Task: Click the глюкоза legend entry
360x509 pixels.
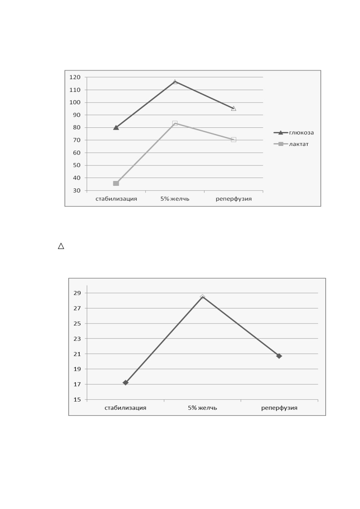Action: tap(294, 132)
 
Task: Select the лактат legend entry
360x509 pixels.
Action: tap(291, 144)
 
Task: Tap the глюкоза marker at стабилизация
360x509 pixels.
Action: tap(116, 127)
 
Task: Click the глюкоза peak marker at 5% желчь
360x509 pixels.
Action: tap(175, 82)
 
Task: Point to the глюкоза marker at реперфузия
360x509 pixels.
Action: tap(234, 108)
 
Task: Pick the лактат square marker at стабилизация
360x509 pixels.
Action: tap(116, 183)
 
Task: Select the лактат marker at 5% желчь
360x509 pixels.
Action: tap(175, 123)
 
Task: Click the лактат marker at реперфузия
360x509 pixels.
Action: tap(234, 140)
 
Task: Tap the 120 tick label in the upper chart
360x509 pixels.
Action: tap(75, 77)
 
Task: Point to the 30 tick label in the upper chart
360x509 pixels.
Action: tap(77, 190)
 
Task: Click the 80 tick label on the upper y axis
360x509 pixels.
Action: tap(77, 127)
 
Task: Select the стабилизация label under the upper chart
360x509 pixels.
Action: tap(116, 199)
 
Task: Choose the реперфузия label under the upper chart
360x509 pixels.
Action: tap(234, 199)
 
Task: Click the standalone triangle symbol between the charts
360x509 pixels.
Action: tap(61, 246)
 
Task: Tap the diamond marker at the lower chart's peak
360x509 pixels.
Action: tap(202, 297)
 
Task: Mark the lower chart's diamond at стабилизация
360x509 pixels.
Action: tap(126, 383)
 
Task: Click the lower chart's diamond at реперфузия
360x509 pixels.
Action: tap(279, 356)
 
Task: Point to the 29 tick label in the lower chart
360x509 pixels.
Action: tap(77, 293)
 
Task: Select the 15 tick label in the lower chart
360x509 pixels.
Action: tap(77, 400)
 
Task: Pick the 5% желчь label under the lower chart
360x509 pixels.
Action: tap(202, 408)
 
